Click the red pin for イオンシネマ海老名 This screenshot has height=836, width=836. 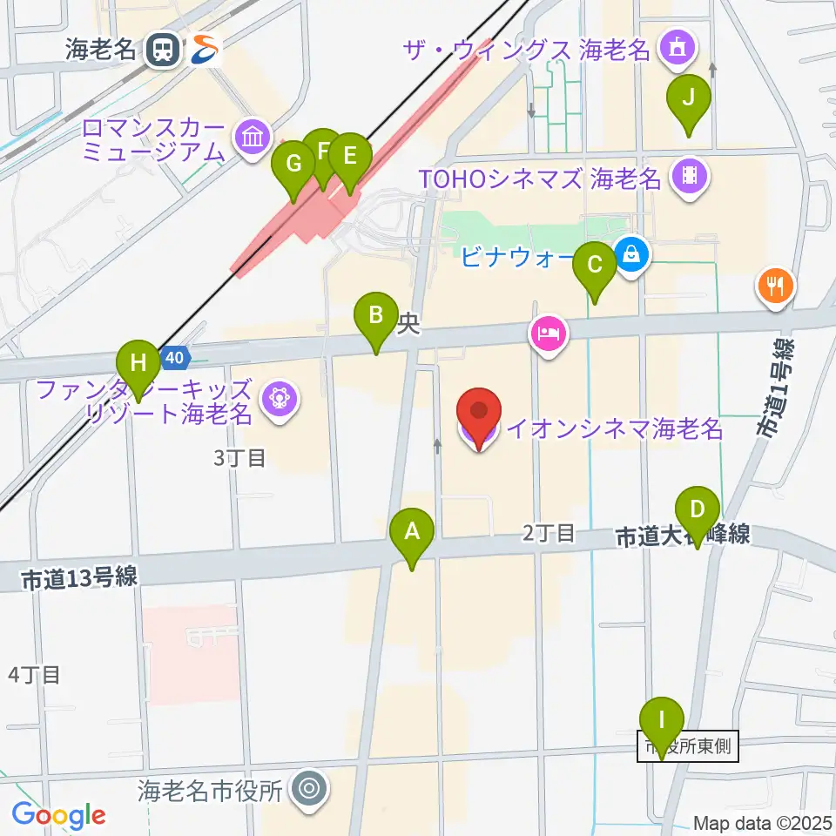(x=479, y=413)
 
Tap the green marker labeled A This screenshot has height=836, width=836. (x=412, y=531)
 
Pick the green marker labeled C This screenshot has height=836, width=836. (x=596, y=266)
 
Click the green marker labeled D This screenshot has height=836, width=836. (x=698, y=511)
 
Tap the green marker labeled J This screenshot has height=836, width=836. (x=689, y=99)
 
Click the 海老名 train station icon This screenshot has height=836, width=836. (x=163, y=50)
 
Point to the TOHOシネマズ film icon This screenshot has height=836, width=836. (x=691, y=177)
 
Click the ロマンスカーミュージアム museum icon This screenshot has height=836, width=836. (x=253, y=137)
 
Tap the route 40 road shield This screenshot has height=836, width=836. (x=175, y=357)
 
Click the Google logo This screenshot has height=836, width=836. (x=58, y=815)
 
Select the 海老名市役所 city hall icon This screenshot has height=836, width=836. (x=307, y=790)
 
